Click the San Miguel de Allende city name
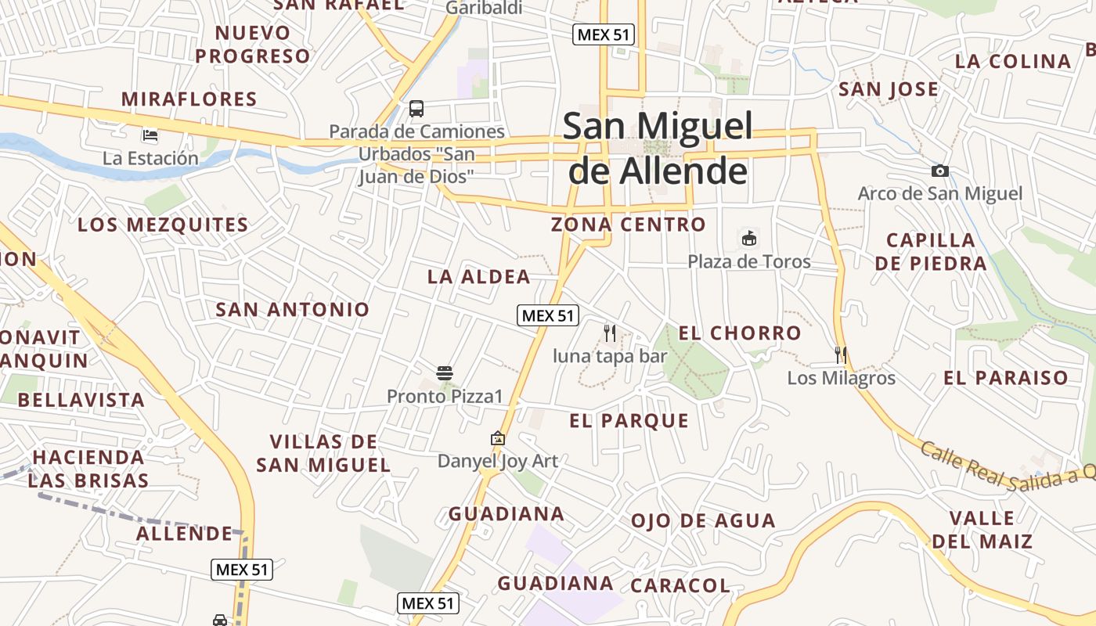(x=658, y=149)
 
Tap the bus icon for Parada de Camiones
(x=416, y=109)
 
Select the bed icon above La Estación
(x=150, y=135)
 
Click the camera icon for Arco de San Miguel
(x=940, y=171)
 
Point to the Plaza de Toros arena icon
(x=749, y=237)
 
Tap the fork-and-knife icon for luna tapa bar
(x=610, y=333)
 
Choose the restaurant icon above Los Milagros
(x=841, y=355)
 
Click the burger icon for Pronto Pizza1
(x=445, y=373)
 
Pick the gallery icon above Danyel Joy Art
(x=498, y=439)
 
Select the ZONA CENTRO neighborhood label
(x=629, y=225)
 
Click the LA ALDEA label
(x=479, y=277)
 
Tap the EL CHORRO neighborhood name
(x=740, y=333)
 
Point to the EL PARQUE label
(x=629, y=421)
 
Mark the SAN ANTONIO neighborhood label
(x=292, y=309)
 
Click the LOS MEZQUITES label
(x=163, y=225)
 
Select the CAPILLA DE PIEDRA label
(x=931, y=251)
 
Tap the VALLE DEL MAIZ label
(x=982, y=529)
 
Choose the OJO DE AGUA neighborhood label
(x=703, y=521)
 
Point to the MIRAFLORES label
(x=189, y=99)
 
